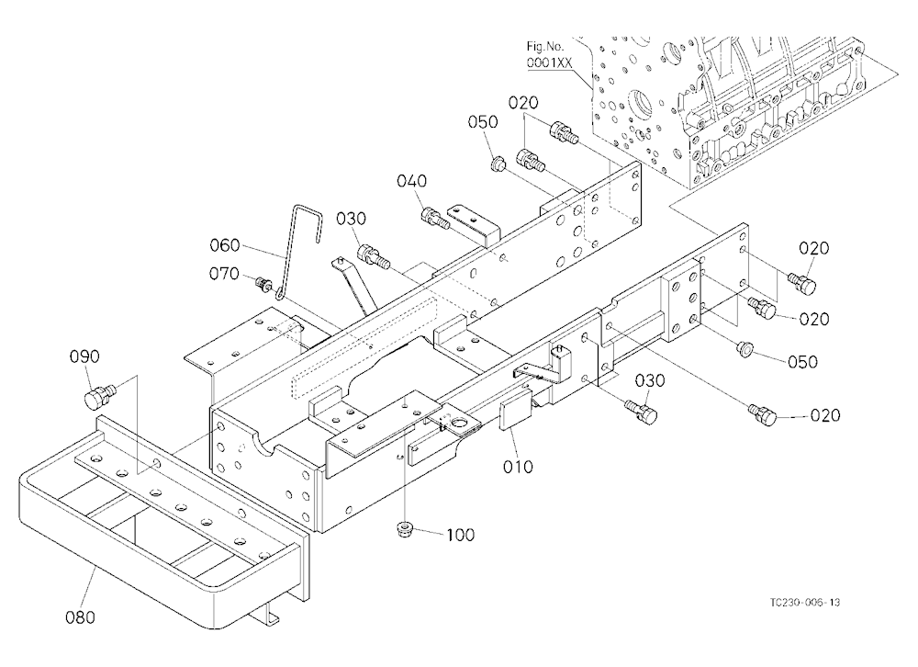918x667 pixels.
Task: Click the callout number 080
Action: [x=80, y=617]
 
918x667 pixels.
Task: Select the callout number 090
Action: [x=84, y=356]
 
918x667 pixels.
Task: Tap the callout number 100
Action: [x=461, y=535]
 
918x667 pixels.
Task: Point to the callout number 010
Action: [x=518, y=467]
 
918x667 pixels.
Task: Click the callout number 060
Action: [x=225, y=245]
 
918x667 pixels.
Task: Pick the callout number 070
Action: [x=224, y=273]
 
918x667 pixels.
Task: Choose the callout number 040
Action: [x=411, y=180]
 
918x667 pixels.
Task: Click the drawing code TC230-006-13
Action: [x=805, y=603]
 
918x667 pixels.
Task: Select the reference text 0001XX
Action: [x=549, y=63]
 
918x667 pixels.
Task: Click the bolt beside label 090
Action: [x=101, y=394]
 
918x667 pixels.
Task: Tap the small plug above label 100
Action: [x=404, y=529]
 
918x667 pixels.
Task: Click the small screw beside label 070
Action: [x=263, y=286]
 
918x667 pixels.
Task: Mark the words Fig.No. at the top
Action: [x=545, y=46]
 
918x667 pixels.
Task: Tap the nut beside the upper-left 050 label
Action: [x=498, y=163]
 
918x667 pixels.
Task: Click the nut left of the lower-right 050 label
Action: [x=745, y=347]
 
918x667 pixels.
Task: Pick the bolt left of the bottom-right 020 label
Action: [x=763, y=414]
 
